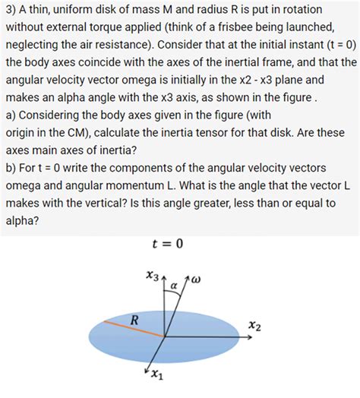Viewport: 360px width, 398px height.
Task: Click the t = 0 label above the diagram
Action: [169, 243]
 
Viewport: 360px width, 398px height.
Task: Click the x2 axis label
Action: [254, 326]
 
